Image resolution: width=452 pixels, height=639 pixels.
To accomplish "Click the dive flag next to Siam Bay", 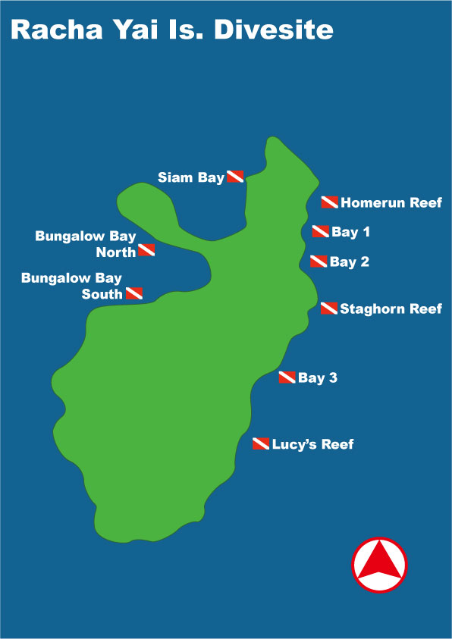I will (235, 177).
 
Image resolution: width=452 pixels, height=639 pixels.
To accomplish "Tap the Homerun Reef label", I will (391, 202).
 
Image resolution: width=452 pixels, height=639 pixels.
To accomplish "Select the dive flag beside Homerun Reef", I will (329, 202).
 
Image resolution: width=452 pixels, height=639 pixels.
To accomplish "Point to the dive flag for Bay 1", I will (320, 231).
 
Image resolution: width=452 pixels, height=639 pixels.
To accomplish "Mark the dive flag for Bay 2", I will (319, 262).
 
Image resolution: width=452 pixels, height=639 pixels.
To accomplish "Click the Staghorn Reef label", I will (391, 309).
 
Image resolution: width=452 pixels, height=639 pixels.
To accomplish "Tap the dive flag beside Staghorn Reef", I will (329, 309).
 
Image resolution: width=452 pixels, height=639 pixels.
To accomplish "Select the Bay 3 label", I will (317, 377).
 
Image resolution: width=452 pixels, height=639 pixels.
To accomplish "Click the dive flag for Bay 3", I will (287, 377).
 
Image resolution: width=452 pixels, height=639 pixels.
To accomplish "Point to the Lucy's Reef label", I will (312, 444).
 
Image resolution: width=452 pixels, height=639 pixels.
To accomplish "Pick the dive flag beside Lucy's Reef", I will (261, 443).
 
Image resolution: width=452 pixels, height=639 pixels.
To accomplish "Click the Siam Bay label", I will (191, 177).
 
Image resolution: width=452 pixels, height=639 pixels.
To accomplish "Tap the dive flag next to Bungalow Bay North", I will (146, 250).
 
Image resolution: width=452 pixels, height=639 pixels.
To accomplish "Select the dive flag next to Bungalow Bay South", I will (133, 293).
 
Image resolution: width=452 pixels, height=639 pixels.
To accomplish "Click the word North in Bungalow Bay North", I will (116, 252).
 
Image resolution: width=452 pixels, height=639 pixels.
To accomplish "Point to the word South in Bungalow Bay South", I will (102, 294).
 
